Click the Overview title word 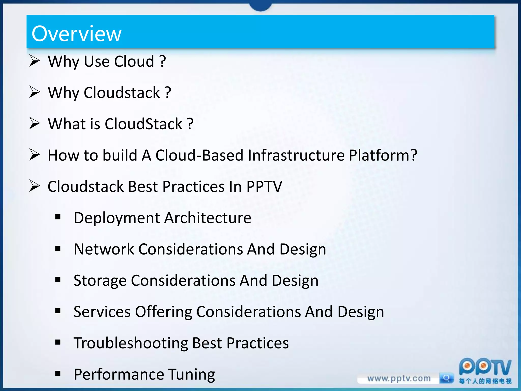pyautogui.click(x=76, y=34)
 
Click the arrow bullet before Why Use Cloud pyautogui.click(x=34, y=61)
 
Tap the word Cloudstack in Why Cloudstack pyautogui.click(x=122, y=93)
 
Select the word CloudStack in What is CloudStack pyautogui.click(x=144, y=124)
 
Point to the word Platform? pyautogui.click(x=383, y=155)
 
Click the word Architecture pyautogui.click(x=208, y=218)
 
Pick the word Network pyautogui.click(x=104, y=249)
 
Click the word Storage pyautogui.click(x=100, y=281)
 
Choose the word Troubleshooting pyautogui.click(x=131, y=343)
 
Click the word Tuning pyautogui.click(x=192, y=374)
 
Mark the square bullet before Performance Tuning pyautogui.click(x=58, y=373)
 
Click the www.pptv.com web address pyautogui.click(x=399, y=379)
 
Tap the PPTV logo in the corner pyautogui.click(x=485, y=368)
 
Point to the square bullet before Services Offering pyautogui.click(x=58, y=311)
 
